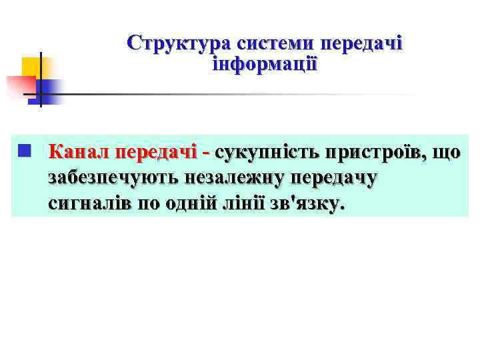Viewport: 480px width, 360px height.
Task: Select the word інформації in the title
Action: [265, 65]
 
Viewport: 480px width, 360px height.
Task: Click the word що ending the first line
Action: [447, 152]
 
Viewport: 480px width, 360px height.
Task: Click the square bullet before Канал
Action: [24, 151]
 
